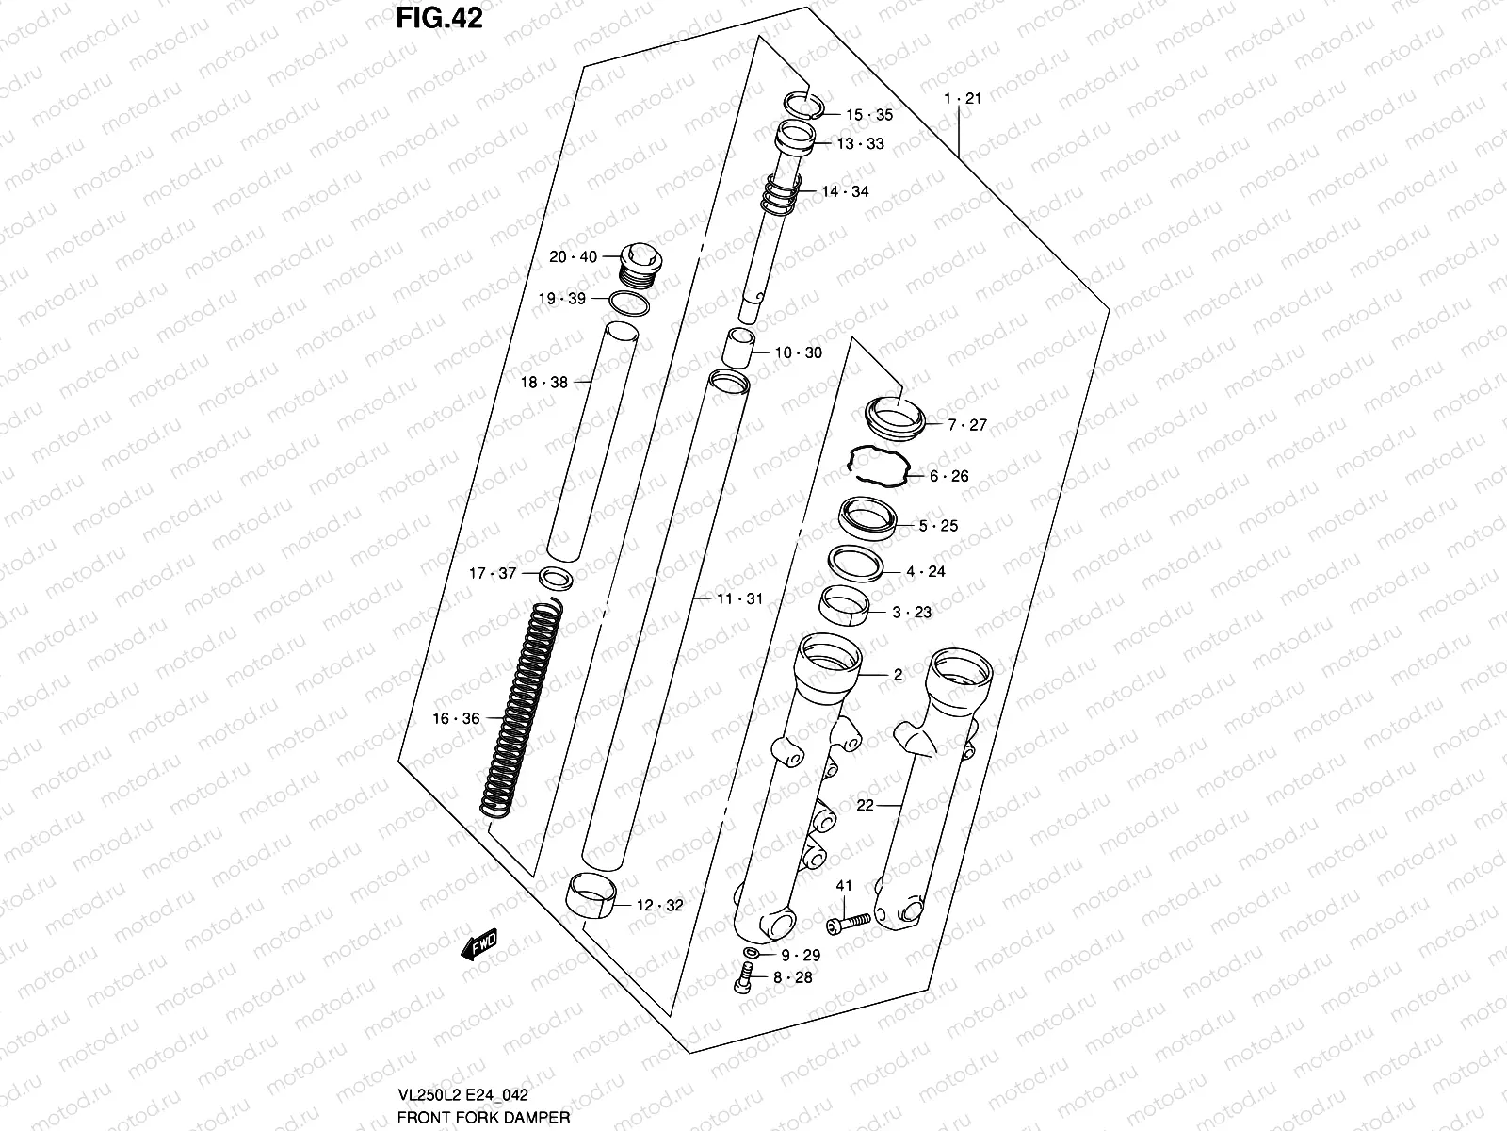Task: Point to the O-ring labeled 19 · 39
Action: pos(629,303)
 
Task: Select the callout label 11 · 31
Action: pos(739,598)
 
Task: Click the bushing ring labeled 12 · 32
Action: pos(591,892)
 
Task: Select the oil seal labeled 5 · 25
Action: pos(867,519)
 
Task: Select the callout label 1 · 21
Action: pos(962,98)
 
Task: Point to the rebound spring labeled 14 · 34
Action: pos(781,195)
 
